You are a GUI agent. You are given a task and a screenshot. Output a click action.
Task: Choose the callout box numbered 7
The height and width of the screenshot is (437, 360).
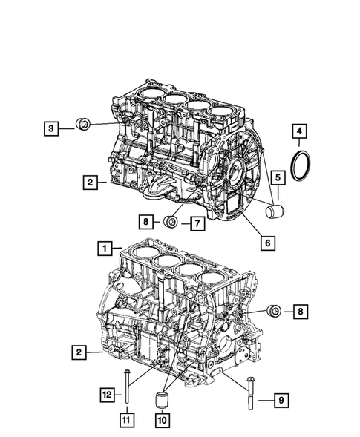197,221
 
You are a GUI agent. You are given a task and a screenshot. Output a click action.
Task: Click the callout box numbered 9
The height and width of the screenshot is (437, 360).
283,401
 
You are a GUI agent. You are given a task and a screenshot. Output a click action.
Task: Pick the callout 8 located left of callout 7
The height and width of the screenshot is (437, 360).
147,221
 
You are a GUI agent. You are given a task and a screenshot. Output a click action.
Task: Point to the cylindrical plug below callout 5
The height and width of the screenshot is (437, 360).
275,214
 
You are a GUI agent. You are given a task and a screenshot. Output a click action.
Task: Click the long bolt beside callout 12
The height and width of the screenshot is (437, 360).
127,390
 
